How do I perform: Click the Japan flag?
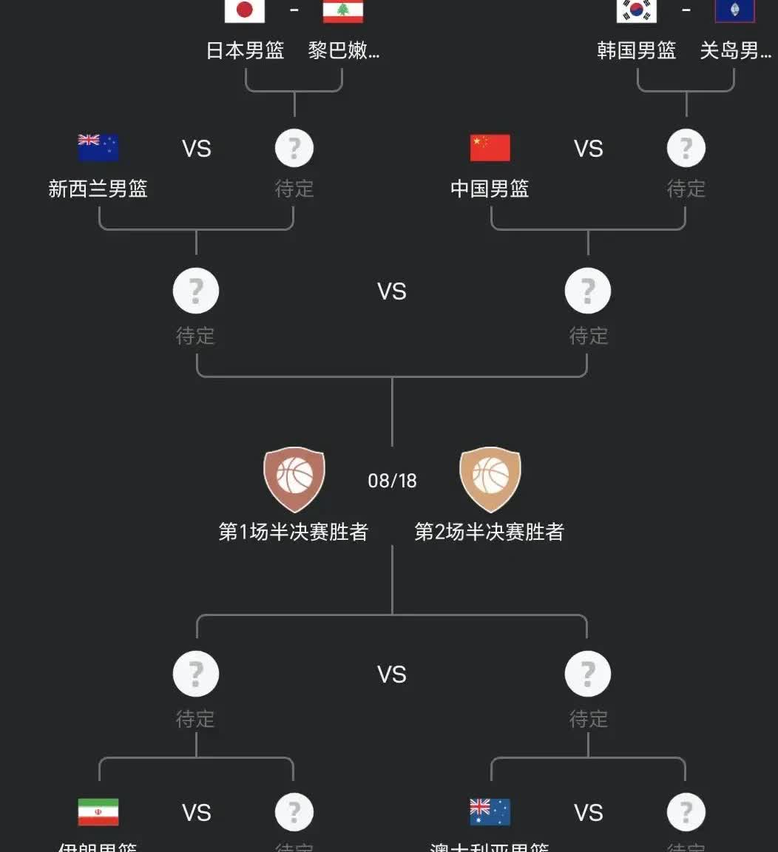pyautogui.click(x=245, y=10)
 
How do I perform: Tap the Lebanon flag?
pyautogui.click(x=343, y=10)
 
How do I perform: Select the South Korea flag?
pyautogui.click(x=637, y=10)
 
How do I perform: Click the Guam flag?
pyautogui.click(x=735, y=10)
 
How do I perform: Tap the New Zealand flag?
pyautogui.click(x=98, y=148)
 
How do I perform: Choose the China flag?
pyautogui.click(x=490, y=148)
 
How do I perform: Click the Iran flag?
pyautogui.click(x=98, y=812)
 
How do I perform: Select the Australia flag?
pyautogui.click(x=490, y=812)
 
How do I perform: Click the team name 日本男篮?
pyautogui.click(x=245, y=50)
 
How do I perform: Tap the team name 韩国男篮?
pyautogui.click(x=637, y=50)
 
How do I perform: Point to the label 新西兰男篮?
pyautogui.click(x=98, y=189)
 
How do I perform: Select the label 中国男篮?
pyautogui.click(x=490, y=189)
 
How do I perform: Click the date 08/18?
pyautogui.click(x=392, y=481)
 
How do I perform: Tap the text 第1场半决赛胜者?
pyautogui.click(x=294, y=532)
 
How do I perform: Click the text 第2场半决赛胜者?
pyautogui.click(x=490, y=532)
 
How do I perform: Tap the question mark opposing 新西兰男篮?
pyautogui.click(x=294, y=148)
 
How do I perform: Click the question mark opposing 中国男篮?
pyautogui.click(x=686, y=148)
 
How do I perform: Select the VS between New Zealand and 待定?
pyautogui.click(x=197, y=149)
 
